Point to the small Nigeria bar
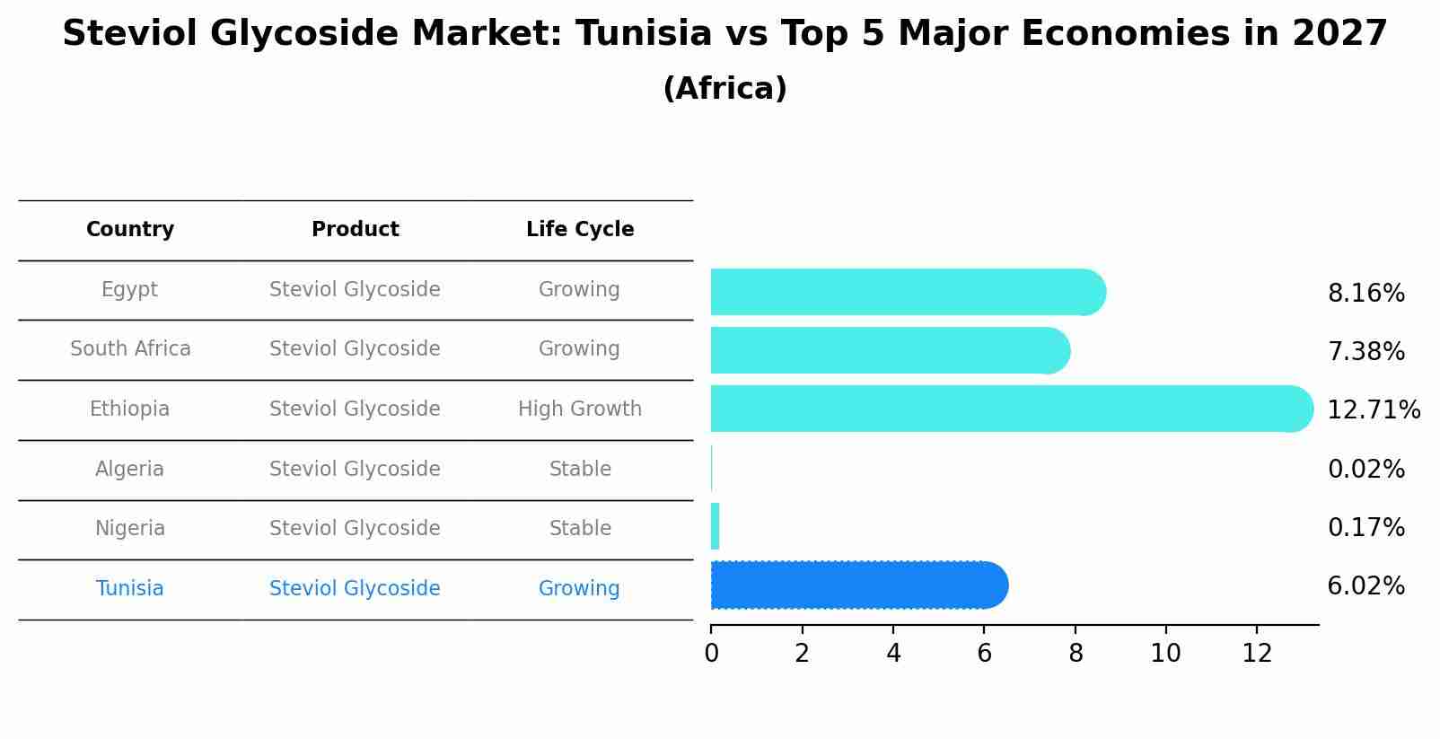coord(715,526)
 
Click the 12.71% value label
coord(1374,410)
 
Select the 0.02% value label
coord(1365,470)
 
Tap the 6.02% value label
coord(1365,586)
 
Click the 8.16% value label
coord(1365,294)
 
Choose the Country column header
coord(130,230)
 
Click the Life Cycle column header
coord(580,230)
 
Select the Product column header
coord(356,230)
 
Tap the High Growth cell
coord(580,409)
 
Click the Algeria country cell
coord(130,470)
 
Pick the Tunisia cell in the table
coord(130,589)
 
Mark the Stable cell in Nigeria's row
coord(580,529)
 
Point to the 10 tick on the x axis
coord(1165,654)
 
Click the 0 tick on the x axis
coord(711,654)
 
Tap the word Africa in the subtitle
coord(724,89)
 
